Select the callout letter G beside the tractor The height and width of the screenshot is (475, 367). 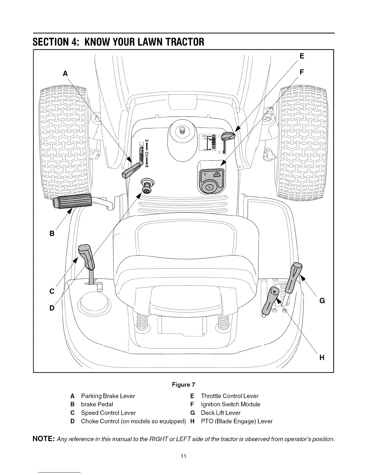coord(322,300)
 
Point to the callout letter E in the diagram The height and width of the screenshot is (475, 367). coord(302,56)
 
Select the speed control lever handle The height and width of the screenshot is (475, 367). coord(86,257)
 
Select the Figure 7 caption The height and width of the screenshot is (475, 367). coord(183,385)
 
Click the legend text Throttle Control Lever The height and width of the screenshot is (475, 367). coord(229,396)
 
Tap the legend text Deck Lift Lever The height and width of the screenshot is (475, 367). coord(220,413)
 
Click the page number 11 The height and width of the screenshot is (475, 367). coord(183,456)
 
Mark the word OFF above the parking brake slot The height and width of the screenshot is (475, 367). coord(147,141)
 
